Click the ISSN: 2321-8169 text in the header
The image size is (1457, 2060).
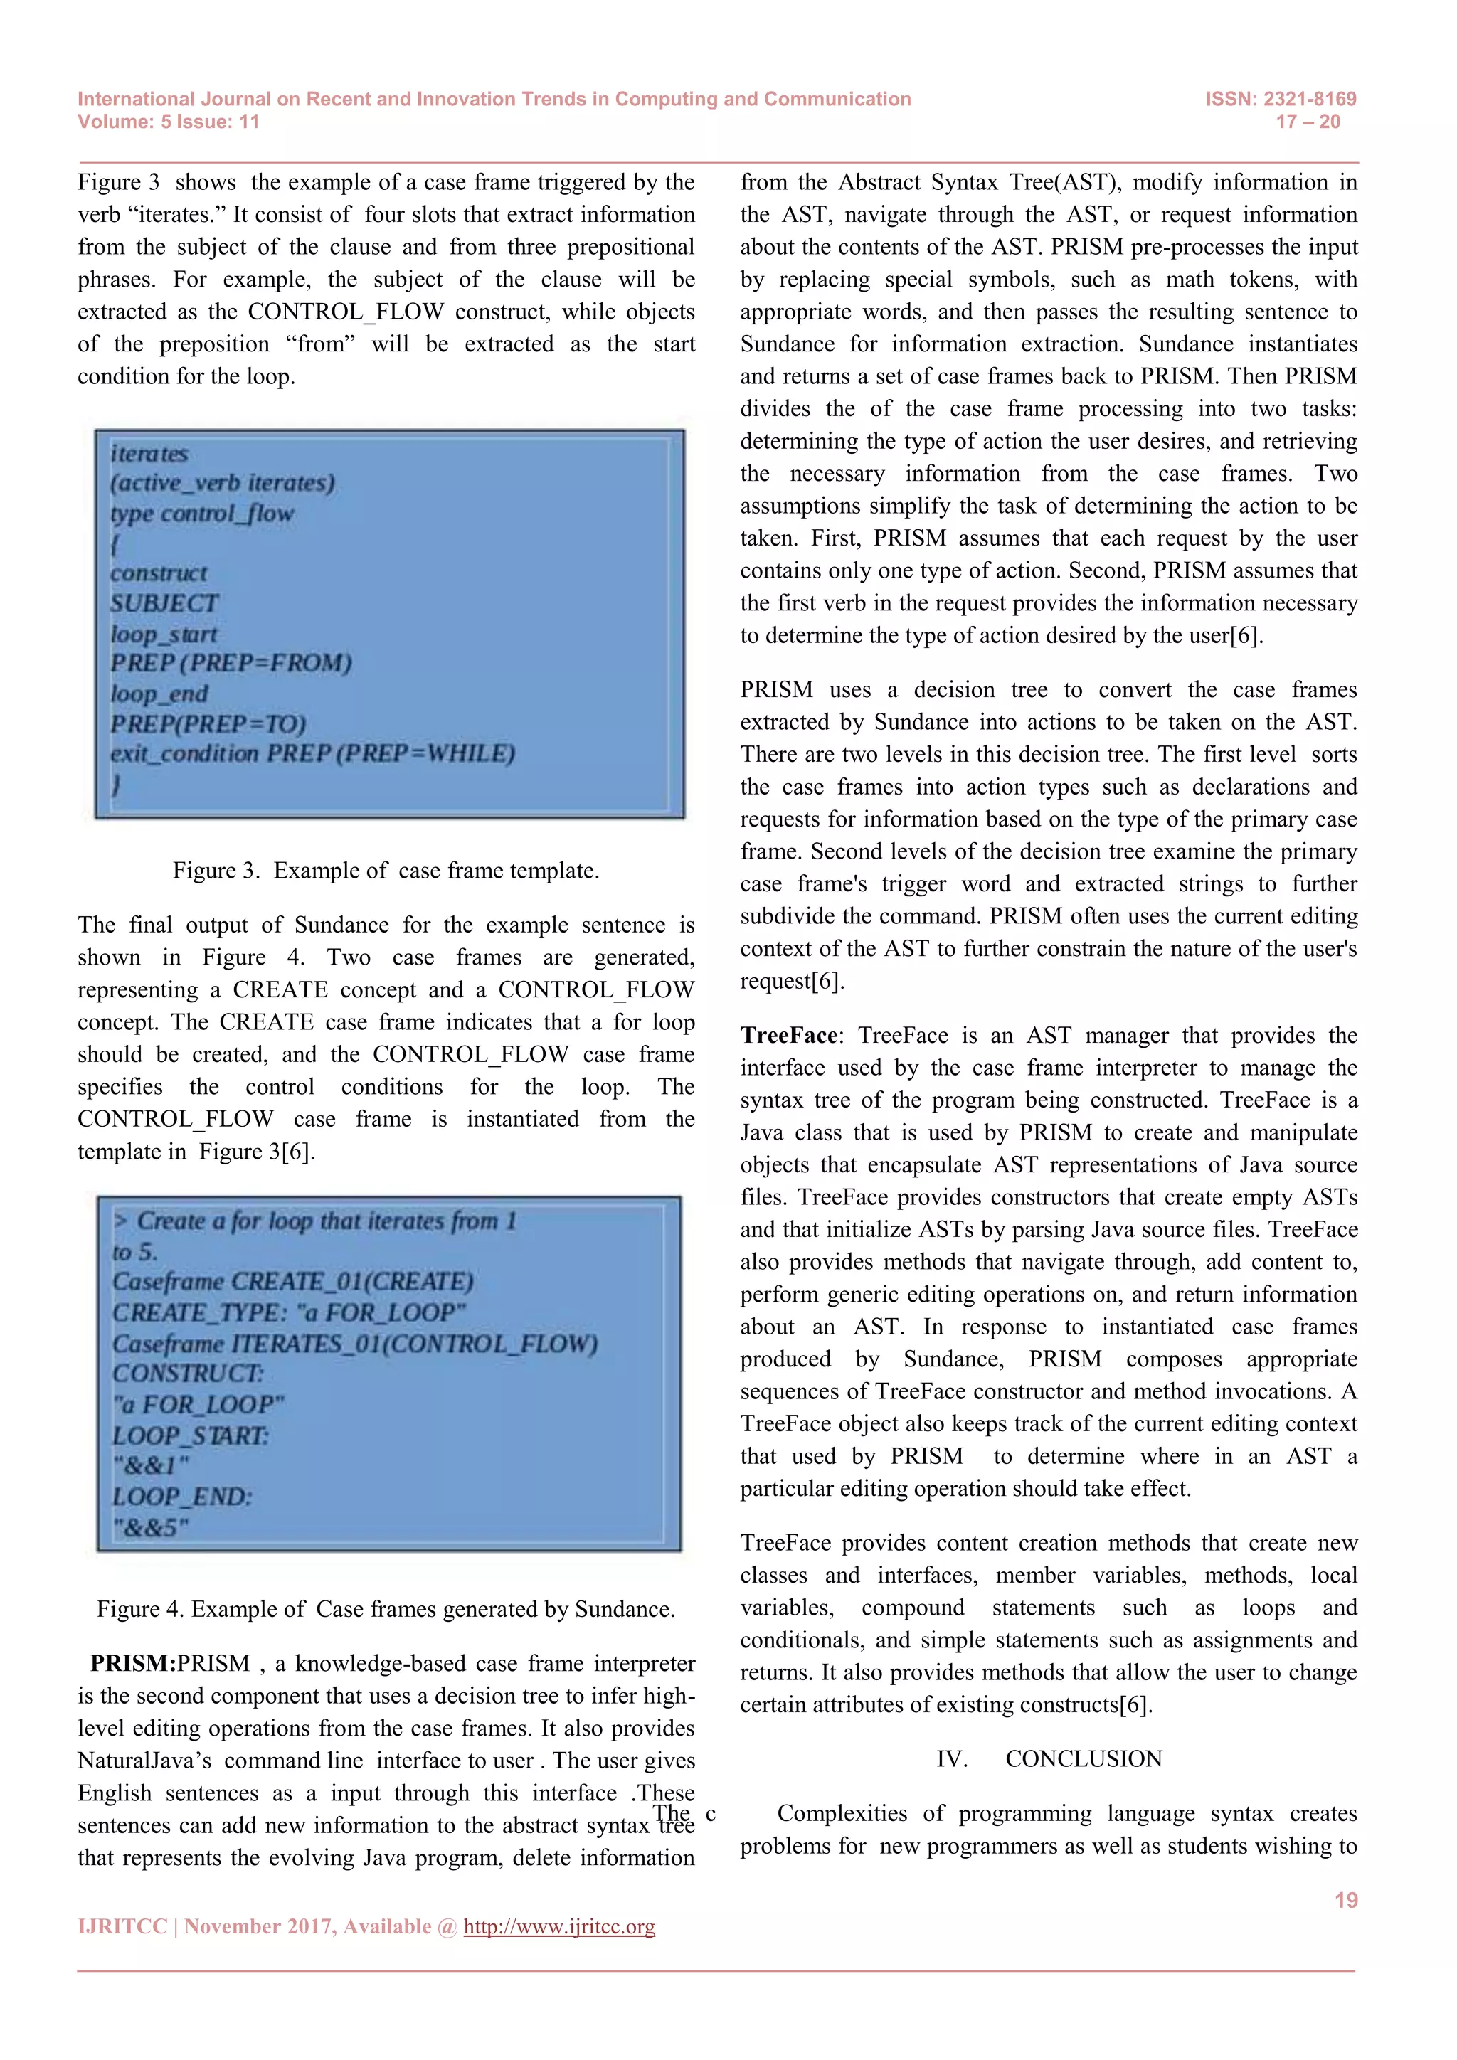click(x=1281, y=99)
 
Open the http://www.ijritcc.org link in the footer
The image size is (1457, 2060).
click(x=559, y=1926)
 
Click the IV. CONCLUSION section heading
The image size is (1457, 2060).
click(x=1049, y=1758)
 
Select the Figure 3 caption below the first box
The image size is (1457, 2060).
click(x=386, y=870)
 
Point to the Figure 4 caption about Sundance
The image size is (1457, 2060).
click(x=386, y=1609)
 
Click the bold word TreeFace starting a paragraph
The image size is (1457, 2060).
click(x=788, y=1036)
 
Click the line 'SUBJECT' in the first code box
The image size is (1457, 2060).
click(x=164, y=603)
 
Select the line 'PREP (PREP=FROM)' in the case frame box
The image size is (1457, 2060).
click(x=231, y=663)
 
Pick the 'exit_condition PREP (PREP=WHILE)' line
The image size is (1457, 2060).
click(x=312, y=754)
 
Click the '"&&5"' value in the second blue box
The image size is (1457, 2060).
click(x=151, y=1527)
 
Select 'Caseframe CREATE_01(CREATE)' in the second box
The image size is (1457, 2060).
click(x=292, y=1281)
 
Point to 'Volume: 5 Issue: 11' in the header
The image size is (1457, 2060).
click(x=169, y=122)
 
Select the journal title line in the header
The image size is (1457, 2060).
click(x=494, y=99)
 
